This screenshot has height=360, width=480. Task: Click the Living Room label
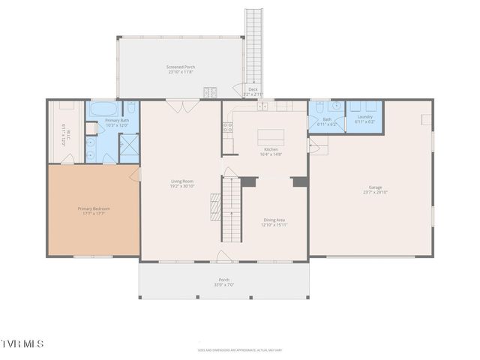pyautogui.click(x=182, y=181)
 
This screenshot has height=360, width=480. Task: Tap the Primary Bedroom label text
pyautogui.click(x=94, y=208)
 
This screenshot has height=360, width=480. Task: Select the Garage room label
pyautogui.click(x=375, y=187)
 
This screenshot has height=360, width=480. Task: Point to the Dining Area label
pyautogui.click(x=273, y=220)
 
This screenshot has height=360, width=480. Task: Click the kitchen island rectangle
pyautogui.click(x=271, y=137)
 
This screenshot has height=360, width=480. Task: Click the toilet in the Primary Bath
pyautogui.click(x=130, y=107)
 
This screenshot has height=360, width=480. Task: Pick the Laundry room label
pyautogui.click(x=365, y=116)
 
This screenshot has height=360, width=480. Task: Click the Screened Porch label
pyautogui.click(x=180, y=67)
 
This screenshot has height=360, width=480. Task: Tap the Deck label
pyautogui.click(x=253, y=88)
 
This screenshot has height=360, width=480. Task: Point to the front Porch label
pyautogui.click(x=223, y=280)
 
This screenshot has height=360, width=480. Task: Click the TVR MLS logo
pyautogui.click(x=22, y=343)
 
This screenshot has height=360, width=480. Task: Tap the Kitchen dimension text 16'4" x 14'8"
pyautogui.click(x=271, y=154)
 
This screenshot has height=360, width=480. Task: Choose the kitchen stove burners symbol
pyautogui.click(x=227, y=127)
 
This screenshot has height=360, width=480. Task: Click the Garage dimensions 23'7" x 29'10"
pyautogui.click(x=375, y=193)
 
